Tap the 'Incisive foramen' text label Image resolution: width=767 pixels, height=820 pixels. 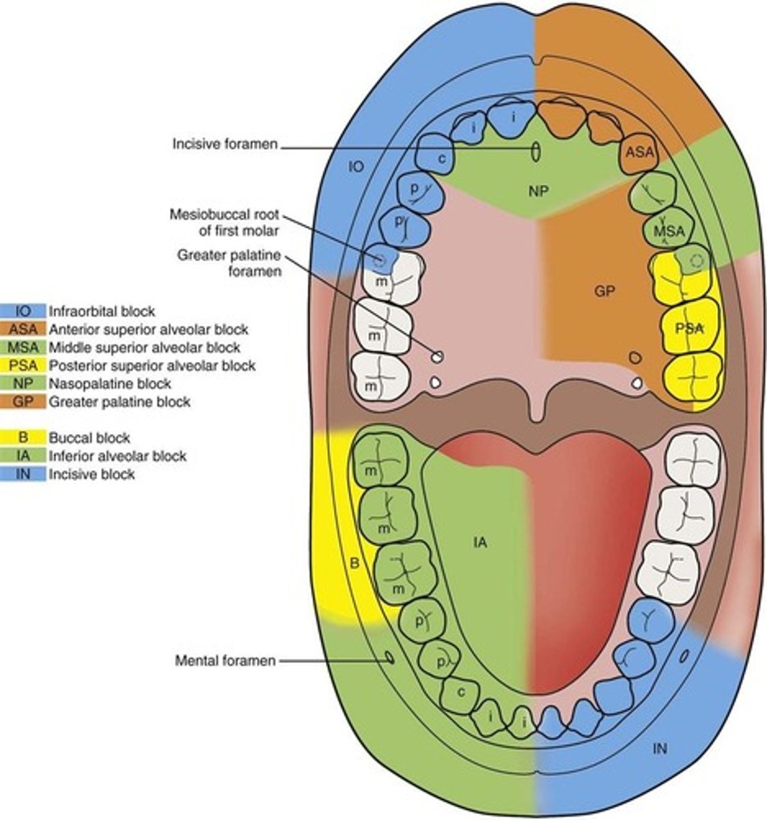(225, 145)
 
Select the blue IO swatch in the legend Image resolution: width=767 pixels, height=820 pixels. (23, 311)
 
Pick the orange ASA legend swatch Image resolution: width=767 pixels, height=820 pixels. (23, 329)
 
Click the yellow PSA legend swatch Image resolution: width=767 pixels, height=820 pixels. (23, 366)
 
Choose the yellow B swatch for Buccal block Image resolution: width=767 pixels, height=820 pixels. (23, 438)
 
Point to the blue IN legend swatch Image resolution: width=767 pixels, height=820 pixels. (23, 474)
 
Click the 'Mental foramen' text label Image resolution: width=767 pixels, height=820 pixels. (225, 661)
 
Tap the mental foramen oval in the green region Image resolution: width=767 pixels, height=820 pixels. (389, 657)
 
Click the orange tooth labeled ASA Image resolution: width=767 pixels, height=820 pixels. (639, 153)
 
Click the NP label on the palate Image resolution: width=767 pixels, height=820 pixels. (535, 189)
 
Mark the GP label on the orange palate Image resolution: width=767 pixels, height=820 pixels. (604, 291)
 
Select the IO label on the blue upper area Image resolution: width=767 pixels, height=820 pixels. (354, 166)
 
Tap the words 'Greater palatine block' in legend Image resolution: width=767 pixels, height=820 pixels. (119, 402)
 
